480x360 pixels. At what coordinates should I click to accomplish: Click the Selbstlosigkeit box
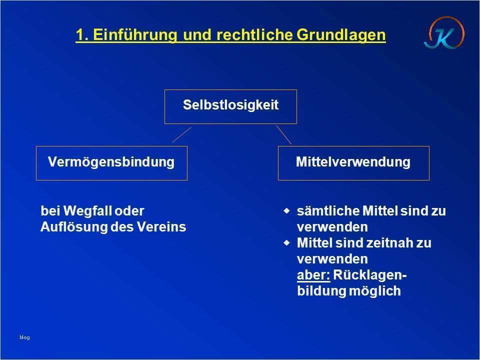tap(230, 106)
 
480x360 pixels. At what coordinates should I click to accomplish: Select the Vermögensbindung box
tap(111, 162)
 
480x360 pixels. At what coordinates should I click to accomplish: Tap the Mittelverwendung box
tap(353, 162)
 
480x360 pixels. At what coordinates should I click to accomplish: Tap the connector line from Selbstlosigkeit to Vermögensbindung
tap(182, 134)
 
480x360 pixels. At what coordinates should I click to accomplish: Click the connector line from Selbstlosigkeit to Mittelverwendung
tap(283, 134)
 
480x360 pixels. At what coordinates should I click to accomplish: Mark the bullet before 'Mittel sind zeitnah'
tap(286, 243)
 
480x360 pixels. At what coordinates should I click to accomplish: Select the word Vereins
tap(166, 227)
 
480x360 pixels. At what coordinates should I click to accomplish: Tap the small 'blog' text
tap(24, 337)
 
